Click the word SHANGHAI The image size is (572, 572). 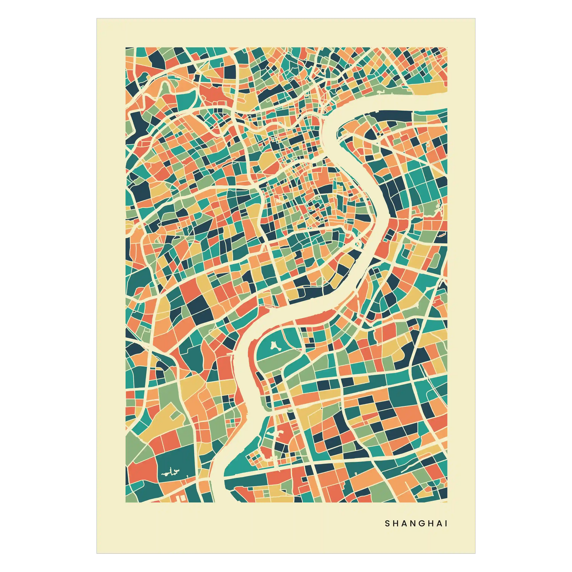click(416, 524)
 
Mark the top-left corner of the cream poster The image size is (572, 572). click(96, 18)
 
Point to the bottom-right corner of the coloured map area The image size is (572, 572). click(447, 502)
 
